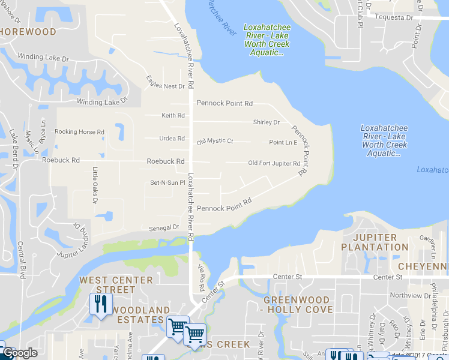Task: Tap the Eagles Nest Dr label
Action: click(x=166, y=86)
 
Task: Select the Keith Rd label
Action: click(x=173, y=115)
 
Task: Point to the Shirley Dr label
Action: click(x=267, y=122)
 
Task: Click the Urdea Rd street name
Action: click(x=172, y=139)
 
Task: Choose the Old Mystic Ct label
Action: click(x=214, y=141)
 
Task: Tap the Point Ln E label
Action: click(x=283, y=142)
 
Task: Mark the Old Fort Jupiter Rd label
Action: click(x=274, y=163)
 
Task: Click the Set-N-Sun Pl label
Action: click(x=167, y=182)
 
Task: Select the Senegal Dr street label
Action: click(x=164, y=227)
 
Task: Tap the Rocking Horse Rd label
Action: click(x=79, y=131)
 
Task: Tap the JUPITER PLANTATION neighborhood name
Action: click(x=375, y=242)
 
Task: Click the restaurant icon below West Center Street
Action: click(x=99, y=304)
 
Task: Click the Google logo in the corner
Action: click(x=20, y=353)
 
